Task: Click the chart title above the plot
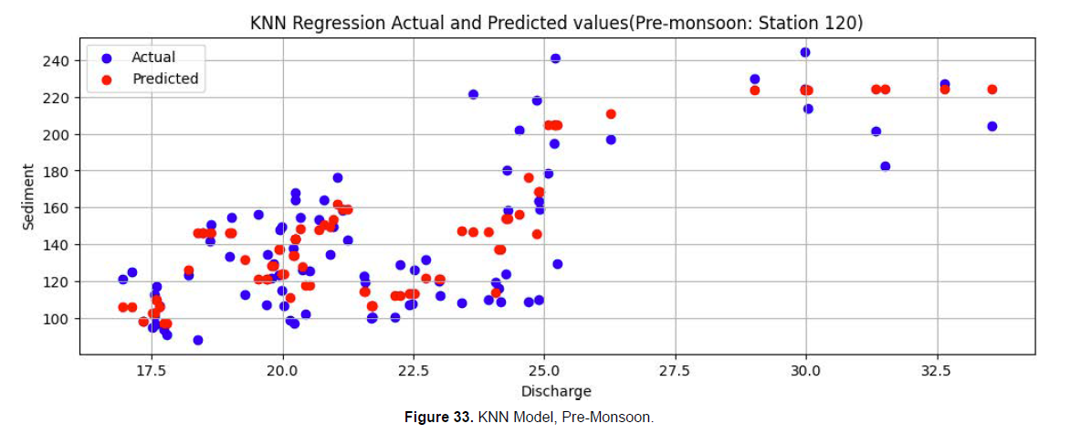pyautogui.click(x=556, y=24)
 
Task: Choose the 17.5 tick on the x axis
pyautogui.click(x=152, y=371)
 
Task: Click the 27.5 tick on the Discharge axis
pyautogui.click(x=675, y=371)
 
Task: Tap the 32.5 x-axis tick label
pyautogui.click(x=936, y=371)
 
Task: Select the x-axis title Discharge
pyautogui.click(x=556, y=392)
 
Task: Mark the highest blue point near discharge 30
pyautogui.click(x=805, y=52)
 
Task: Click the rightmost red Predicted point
pyautogui.click(x=992, y=90)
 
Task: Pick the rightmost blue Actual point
pyautogui.click(x=992, y=126)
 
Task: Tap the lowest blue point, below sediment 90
pyautogui.click(x=198, y=340)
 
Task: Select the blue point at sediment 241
pyautogui.click(x=555, y=58)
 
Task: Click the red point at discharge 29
pyautogui.click(x=755, y=90)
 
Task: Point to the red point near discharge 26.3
pyautogui.click(x=611, y=114)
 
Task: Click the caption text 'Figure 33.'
pyautogui.click(x=439, y=418)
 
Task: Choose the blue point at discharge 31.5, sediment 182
pyautogui.click(x=885, y=166)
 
